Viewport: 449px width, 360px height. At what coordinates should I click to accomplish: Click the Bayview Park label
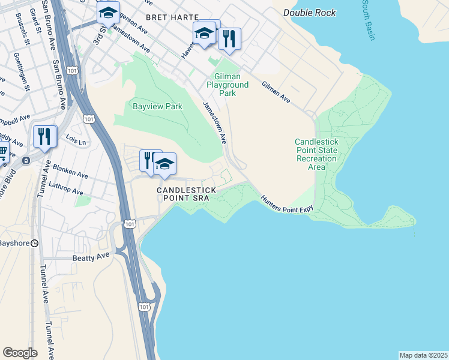tap(148, 106)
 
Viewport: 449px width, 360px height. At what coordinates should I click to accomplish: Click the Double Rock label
tap(310, 13)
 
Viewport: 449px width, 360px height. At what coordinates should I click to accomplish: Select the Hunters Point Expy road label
tap(287, 204)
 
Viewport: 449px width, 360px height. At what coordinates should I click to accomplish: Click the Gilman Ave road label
tap(276, 92)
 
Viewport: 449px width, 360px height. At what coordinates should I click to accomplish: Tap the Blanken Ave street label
tap(70, 172)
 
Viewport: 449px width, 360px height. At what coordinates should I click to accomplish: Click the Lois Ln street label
tap(76, 140)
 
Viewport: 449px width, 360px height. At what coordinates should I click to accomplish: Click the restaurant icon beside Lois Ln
tap(45, 136)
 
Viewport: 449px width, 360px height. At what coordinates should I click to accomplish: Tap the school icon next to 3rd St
tap(107, 12)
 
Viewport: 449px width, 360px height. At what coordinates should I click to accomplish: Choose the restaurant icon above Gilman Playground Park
tap(229, 38)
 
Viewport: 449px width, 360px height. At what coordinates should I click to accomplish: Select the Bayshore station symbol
tap(35, 244)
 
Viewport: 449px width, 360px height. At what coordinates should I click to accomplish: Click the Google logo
tap(20, 352)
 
